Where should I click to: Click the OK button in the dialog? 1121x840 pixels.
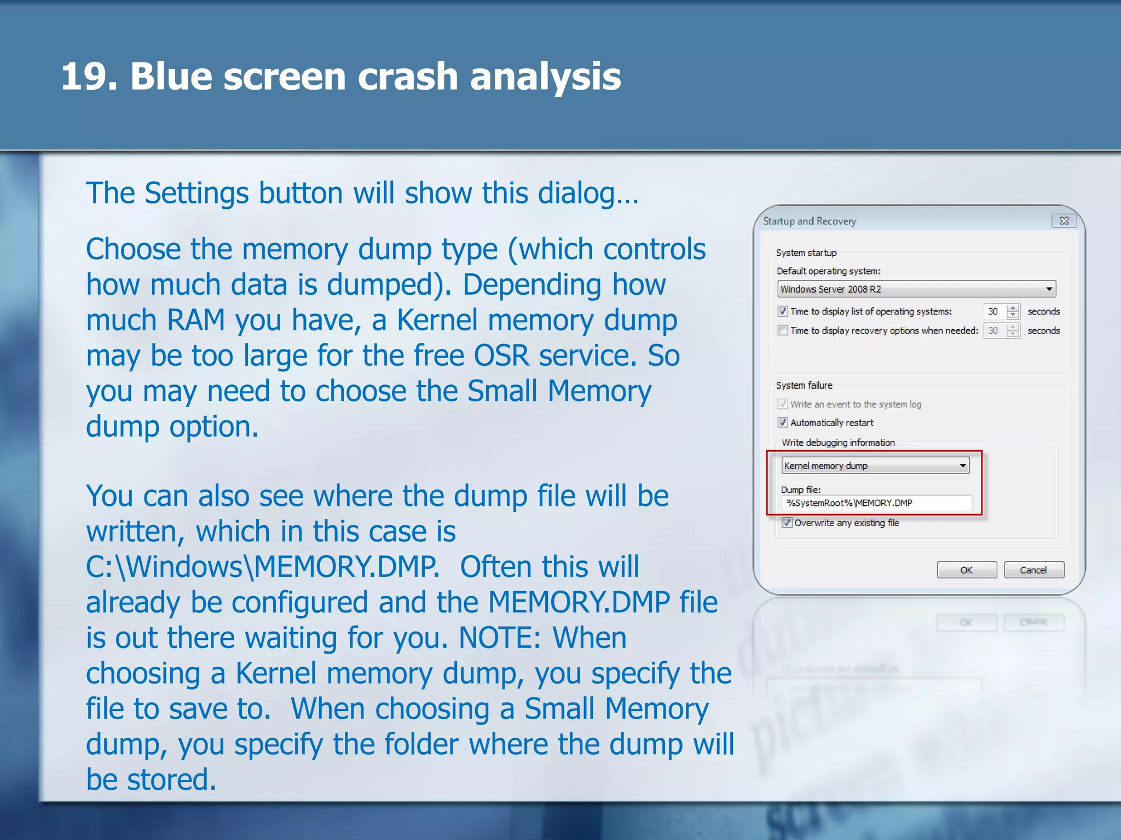966,570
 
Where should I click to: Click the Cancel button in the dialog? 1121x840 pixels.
1033,570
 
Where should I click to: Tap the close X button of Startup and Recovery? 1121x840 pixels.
1064,221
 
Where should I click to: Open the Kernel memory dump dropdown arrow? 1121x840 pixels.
962,466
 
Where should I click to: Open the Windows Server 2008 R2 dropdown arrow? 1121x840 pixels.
1049,289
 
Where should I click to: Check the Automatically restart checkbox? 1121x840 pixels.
783,422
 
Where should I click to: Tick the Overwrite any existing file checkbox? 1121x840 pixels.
787,522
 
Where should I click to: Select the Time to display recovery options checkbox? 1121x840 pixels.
783,330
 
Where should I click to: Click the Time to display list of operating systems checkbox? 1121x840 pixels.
783,311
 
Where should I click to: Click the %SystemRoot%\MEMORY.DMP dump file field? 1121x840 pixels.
876,503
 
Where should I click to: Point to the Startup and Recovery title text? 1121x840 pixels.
810,221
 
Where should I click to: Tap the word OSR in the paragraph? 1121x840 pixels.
501,355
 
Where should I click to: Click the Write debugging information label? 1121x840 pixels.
838,442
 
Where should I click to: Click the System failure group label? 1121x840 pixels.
804,385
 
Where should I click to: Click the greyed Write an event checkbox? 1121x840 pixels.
783,404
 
